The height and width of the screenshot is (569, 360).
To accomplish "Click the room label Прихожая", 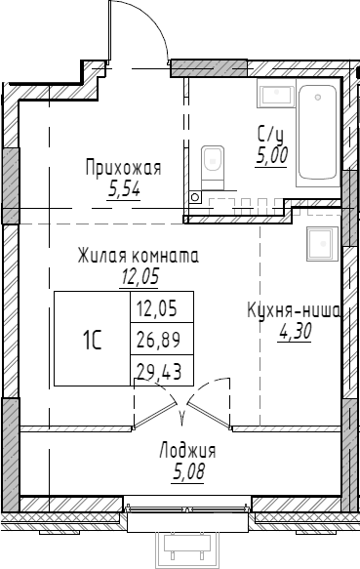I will pos(122,169).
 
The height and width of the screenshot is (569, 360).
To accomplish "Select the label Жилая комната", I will pos(140,257).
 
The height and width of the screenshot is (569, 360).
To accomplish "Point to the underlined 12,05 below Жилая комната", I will pos(140,276).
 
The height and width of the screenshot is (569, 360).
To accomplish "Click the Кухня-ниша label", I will pos(293,311).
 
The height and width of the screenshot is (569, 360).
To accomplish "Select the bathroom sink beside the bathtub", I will pos(272,94).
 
